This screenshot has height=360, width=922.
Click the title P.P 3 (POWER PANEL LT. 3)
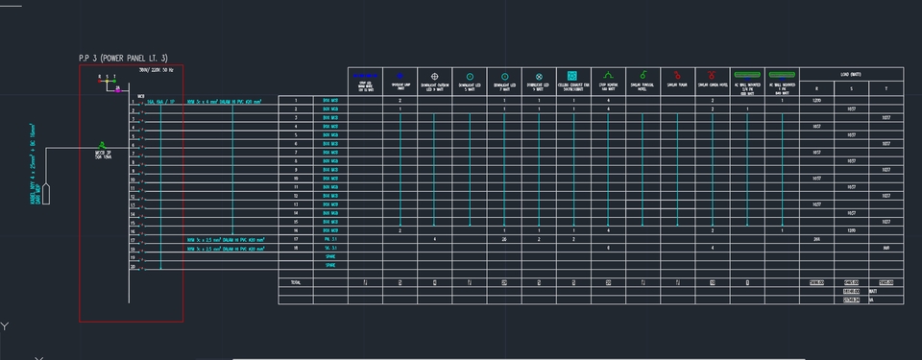[x=123, y=59]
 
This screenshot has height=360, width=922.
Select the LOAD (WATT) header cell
[x=851, y=74]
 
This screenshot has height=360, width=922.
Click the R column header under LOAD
[x=816, y=88]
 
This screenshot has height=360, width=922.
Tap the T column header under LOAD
[x=886, y=88]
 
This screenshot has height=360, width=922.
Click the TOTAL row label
[x=295, y=282]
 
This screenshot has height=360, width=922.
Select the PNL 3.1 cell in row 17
[x=330, y=239]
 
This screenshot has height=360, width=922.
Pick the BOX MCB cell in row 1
[x=330, y=100]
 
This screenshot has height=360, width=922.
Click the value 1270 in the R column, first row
[x=816, y=100]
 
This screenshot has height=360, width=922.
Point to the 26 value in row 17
[x=504, y=239]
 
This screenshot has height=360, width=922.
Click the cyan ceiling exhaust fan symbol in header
[x=572, y=75]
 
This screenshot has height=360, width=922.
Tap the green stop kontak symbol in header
[x=608, y=74]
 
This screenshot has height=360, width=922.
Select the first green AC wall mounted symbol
[x=746, y=74]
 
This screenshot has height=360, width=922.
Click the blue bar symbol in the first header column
[x=366, y=74]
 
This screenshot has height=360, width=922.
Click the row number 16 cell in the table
[x=295, y=230]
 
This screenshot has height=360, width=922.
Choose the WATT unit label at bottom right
[x=873, y=291]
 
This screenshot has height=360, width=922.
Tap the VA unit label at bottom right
[x=871, y=300]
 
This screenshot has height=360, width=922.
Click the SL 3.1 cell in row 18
[x=330, y=248]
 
